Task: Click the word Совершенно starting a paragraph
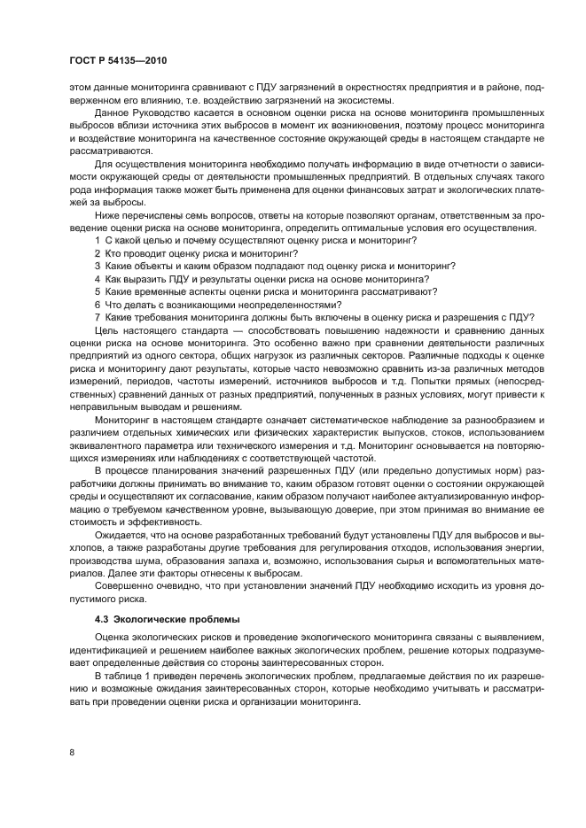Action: click(124, 573)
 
